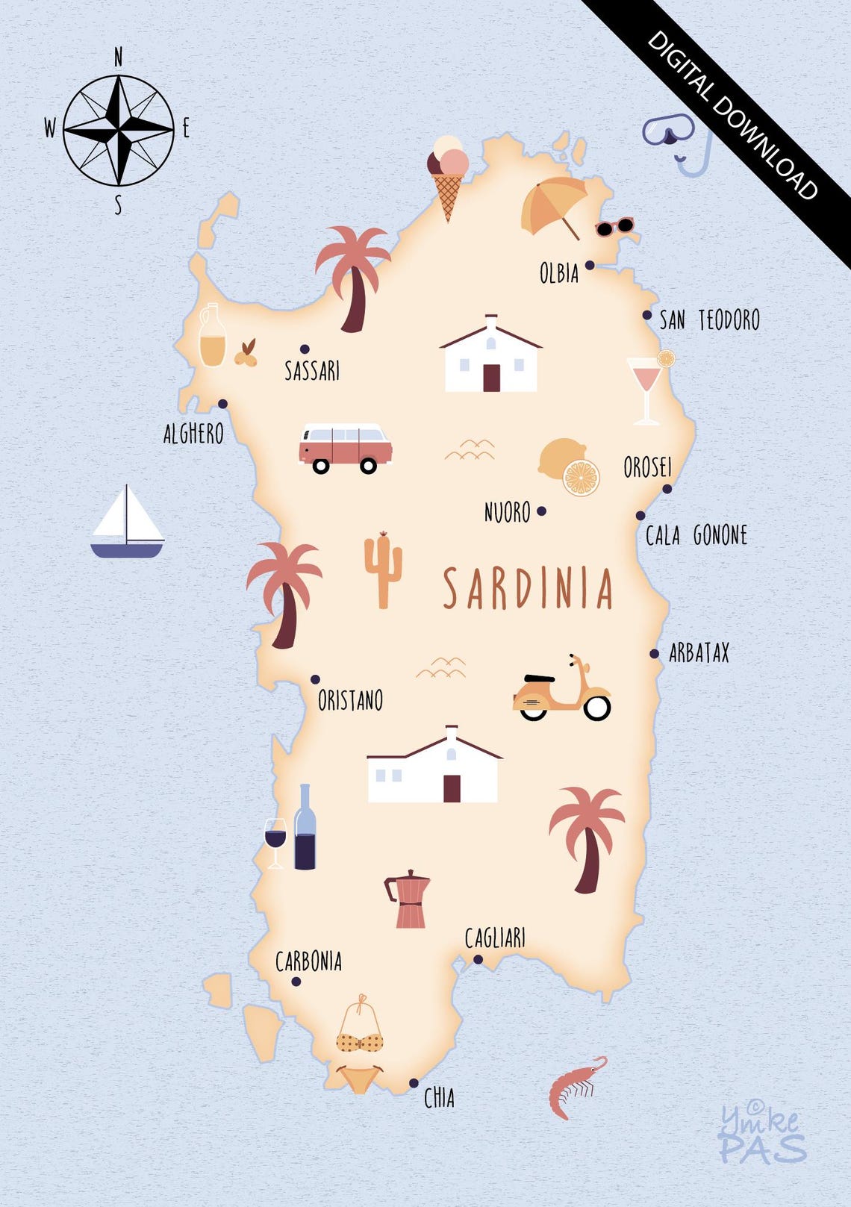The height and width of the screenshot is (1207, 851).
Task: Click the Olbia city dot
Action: click(x=590, y=265)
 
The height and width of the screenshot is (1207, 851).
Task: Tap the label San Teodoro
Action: click(x=709, y=320)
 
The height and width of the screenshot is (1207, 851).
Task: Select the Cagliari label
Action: click(x=495, y=938)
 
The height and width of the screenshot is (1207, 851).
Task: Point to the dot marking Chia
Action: click(x=414, y=1083)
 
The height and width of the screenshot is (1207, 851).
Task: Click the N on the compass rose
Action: click(x=118, y=57)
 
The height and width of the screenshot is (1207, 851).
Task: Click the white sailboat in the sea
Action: click(x=127, y=523)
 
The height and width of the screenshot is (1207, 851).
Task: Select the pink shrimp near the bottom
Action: click(x=573, y=1087)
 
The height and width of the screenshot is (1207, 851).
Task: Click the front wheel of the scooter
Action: click(x=596, y=707)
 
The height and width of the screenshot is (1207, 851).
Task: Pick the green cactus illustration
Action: click(x=383, y=570)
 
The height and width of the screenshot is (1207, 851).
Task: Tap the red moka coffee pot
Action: click(x=408, y=899)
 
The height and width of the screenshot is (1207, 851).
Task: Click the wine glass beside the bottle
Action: click(x=275, y=839)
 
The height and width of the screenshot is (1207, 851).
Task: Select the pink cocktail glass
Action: click(x=645, y=388)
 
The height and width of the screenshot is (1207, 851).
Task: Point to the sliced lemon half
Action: click(x=581, y=478)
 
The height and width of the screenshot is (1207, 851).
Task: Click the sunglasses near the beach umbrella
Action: click(x=614, y=227)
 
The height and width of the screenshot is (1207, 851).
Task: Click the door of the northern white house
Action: click(x=491, y=378)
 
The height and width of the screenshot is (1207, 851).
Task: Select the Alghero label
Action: click(x=193, y=433)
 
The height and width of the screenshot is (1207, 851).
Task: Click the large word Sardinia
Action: click(x=528, y=588)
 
